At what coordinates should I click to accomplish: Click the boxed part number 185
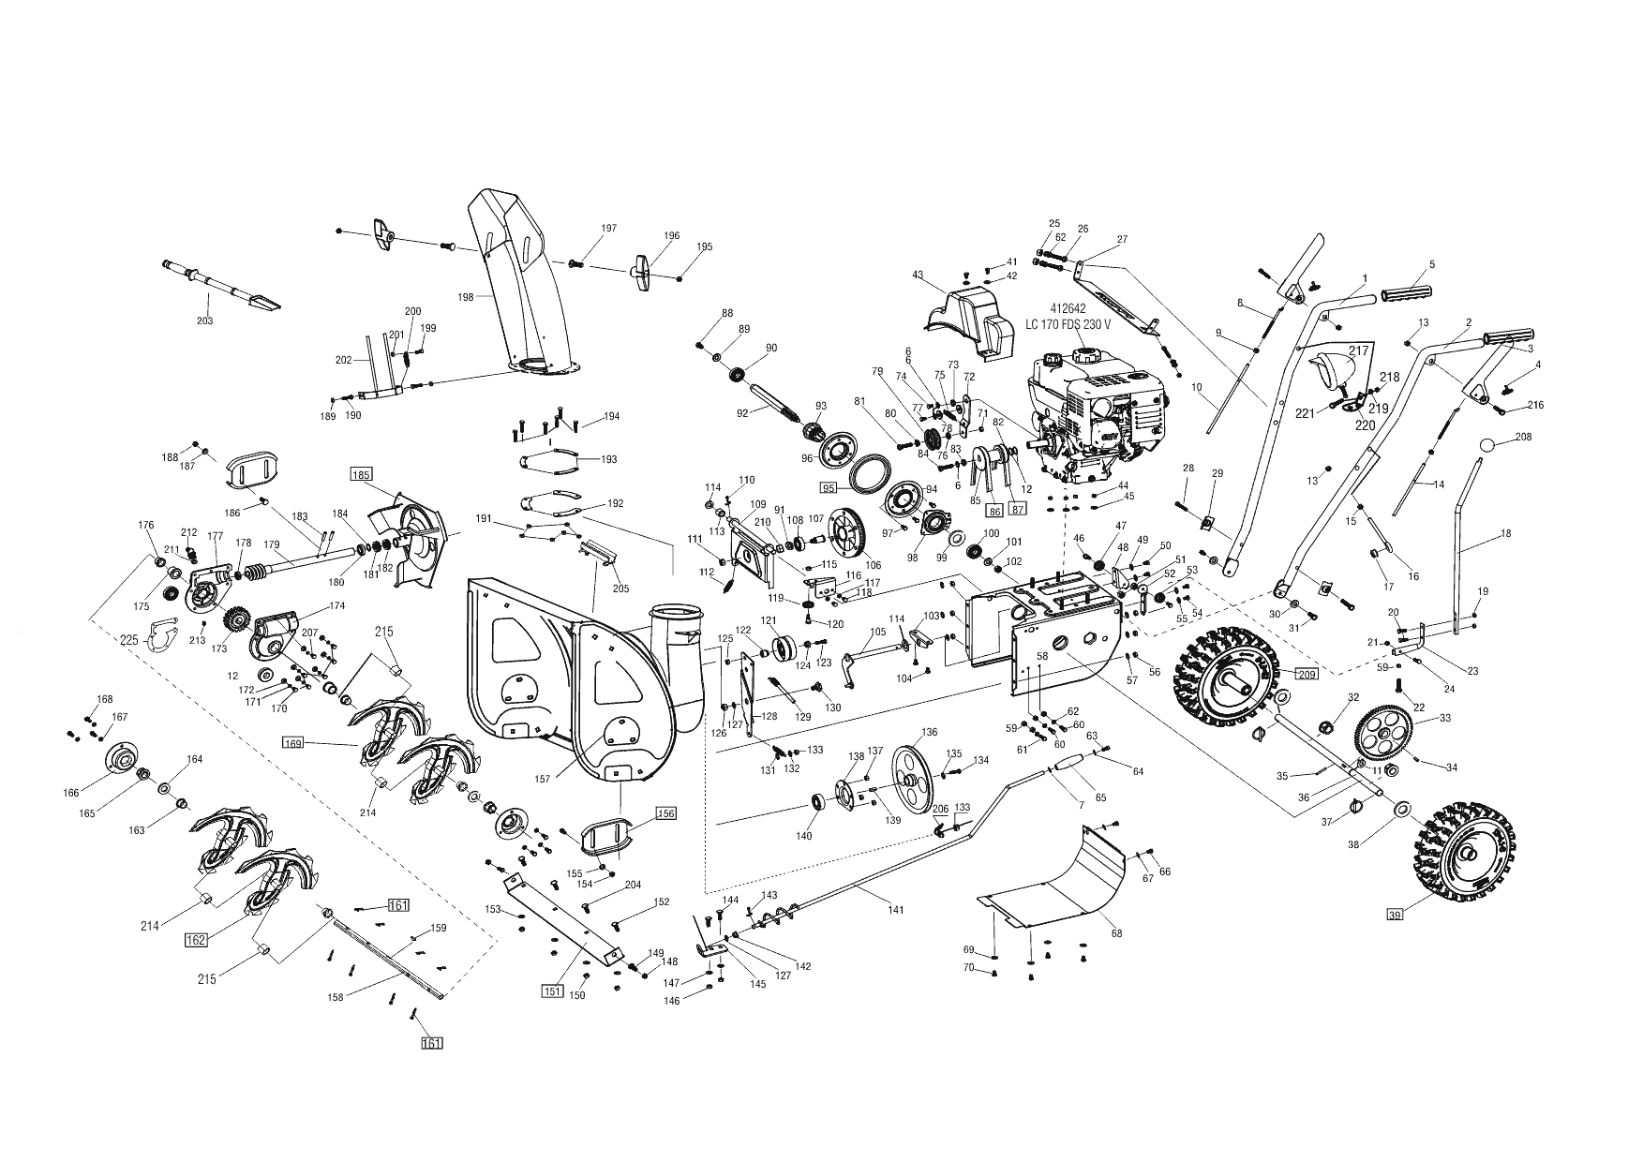[x=362, y=475]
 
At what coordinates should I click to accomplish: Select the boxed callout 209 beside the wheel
[x=1307, y=673]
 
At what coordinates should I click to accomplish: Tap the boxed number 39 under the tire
[x=1396, y=916]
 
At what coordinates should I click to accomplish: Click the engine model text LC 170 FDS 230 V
[x=1067, y=324]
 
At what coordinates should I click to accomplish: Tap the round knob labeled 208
[x=1489, y=445]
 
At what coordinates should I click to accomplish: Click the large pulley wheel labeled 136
[x=908, y=773]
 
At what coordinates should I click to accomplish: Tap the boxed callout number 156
[x=665, y=813]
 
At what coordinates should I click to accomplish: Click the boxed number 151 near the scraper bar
[x=552, y=991]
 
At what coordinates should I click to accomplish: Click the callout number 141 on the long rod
[x=896, y=910]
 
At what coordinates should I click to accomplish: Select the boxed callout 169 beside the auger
[x=293, y=743]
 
